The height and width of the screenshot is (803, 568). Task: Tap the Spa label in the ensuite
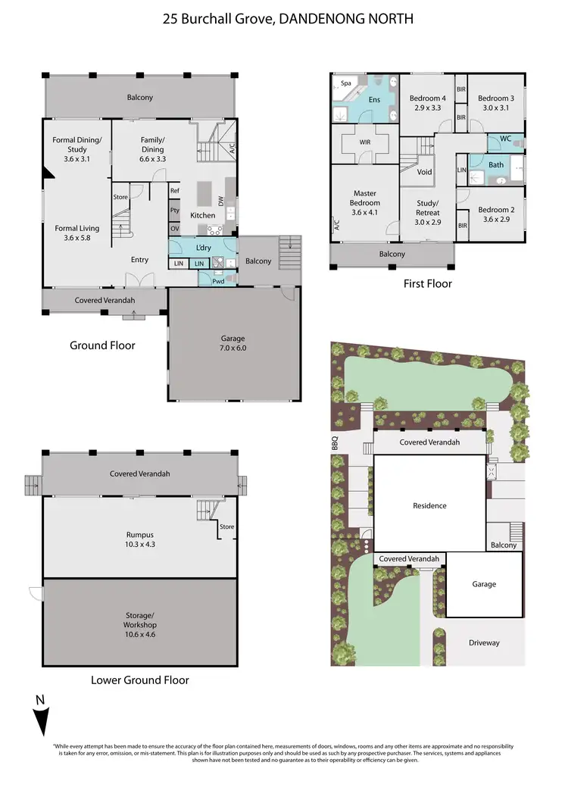click(346, 83)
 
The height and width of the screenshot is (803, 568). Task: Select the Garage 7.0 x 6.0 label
click(233, 343)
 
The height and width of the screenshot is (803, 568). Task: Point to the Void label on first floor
click(425, 172)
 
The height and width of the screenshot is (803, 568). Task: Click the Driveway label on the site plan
click(484, 642)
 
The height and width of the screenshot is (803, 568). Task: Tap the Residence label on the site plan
click(429, 505)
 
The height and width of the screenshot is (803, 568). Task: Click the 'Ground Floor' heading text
click(102, 345)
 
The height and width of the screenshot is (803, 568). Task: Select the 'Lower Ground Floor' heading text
click(140, 680)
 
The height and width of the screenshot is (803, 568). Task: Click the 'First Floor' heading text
click(427, 283)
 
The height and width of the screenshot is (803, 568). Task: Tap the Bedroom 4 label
click(428, 103)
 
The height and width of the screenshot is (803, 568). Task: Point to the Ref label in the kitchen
click(174, 191)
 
